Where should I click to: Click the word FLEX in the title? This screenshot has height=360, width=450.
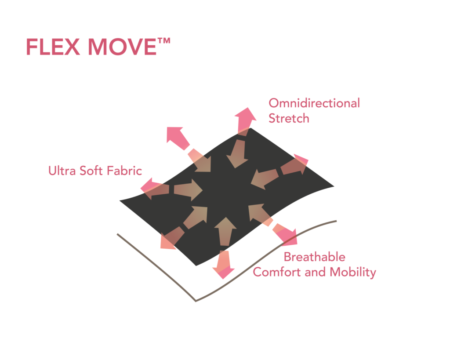(53, 47)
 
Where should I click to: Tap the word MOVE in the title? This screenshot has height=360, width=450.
(122, 47)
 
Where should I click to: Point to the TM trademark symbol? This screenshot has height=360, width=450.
(164, 41)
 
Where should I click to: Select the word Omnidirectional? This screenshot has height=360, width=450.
(314, 103)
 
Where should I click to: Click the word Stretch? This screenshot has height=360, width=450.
(289, 118)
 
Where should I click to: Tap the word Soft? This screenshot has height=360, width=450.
(91, 171)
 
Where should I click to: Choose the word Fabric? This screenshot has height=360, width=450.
(124, 171)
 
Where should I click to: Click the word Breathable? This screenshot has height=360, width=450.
(315, 257)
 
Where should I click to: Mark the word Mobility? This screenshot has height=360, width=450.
(353, 272)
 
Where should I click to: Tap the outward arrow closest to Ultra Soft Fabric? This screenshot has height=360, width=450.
(155, 189)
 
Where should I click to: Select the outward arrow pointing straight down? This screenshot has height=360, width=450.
(224, 265)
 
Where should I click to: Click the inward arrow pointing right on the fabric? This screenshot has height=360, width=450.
(188, 190)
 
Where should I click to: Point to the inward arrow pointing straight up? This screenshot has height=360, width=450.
(225, 231)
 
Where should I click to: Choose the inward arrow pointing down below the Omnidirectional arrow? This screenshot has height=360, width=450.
(237, 153)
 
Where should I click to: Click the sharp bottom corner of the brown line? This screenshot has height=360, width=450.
(196, 301)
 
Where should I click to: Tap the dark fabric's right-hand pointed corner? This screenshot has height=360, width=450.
(334, 186)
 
